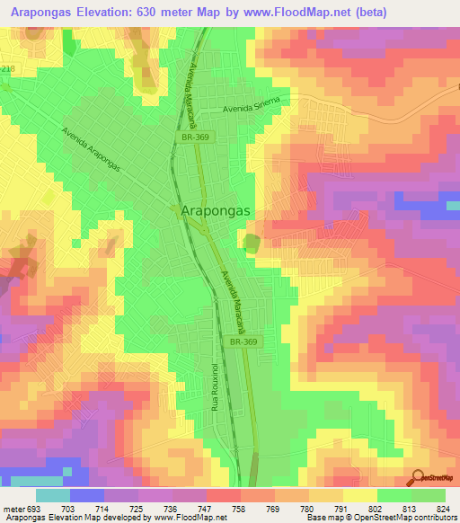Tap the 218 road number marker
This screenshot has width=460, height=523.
tap(9, 68)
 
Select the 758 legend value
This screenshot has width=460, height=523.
tap(238, 508)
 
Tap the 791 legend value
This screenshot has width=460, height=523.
tap(342, 508)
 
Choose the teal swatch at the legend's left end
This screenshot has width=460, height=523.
tap(52, 495)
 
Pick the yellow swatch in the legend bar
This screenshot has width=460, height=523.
tap(359, 495)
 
